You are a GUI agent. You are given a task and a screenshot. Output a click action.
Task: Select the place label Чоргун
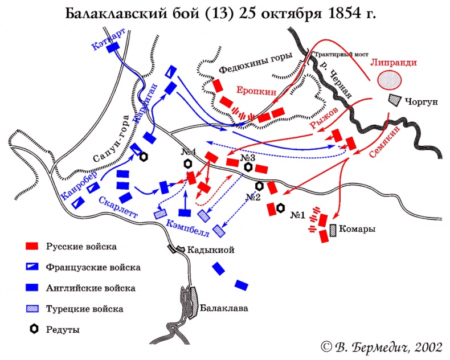(421, 103)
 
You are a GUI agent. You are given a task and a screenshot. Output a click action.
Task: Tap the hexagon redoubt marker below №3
(248, 167)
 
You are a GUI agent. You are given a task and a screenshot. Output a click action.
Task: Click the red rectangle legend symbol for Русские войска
(32, 247)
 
